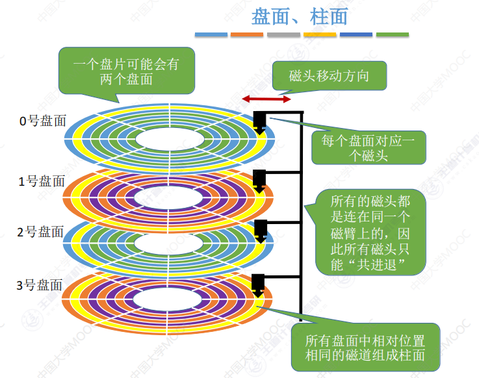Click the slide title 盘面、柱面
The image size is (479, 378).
click(300, 15)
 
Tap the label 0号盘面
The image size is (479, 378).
click(42, 121)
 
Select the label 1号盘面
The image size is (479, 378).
click(42, 181)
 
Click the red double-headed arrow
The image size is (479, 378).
click(266, 99)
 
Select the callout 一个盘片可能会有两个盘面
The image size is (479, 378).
click(127, 70)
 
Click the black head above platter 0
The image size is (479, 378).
click(259, 121)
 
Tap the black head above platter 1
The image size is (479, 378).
click(259, 179)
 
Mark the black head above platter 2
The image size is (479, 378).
click(260, 229)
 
